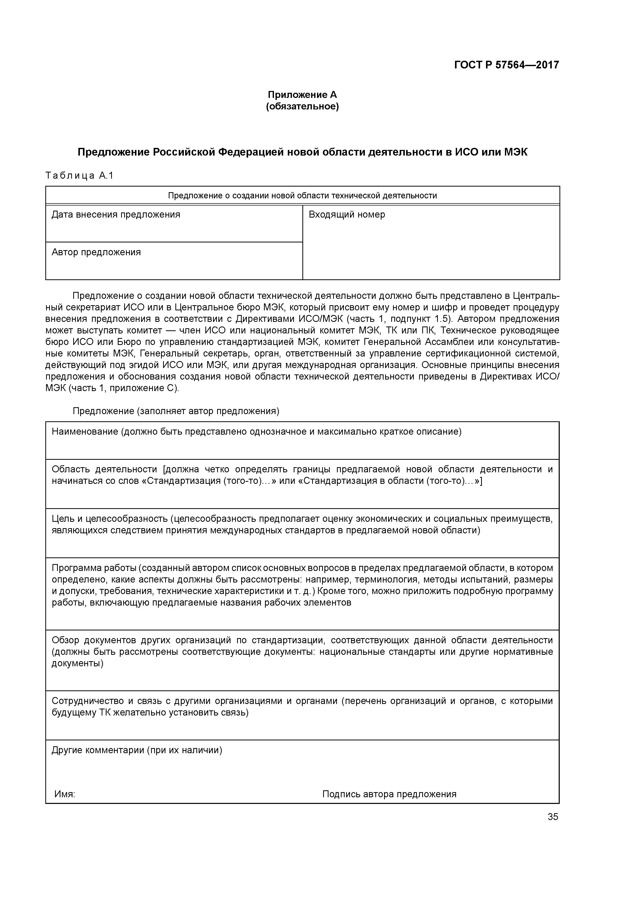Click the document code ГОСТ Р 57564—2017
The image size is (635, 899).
click(x=507, y=65)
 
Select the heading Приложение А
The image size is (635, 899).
click(x=302, y=95)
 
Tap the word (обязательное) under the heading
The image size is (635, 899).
click(x=302, y=107)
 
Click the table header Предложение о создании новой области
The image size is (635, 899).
click(x=302, y=196)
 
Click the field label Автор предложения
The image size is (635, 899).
click(x=96, y=252)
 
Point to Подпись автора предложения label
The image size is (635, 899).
click(x=389, y=794)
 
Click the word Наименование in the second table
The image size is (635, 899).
click(x=85, y=432)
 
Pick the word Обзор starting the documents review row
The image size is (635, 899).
click(x=65, y=640)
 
